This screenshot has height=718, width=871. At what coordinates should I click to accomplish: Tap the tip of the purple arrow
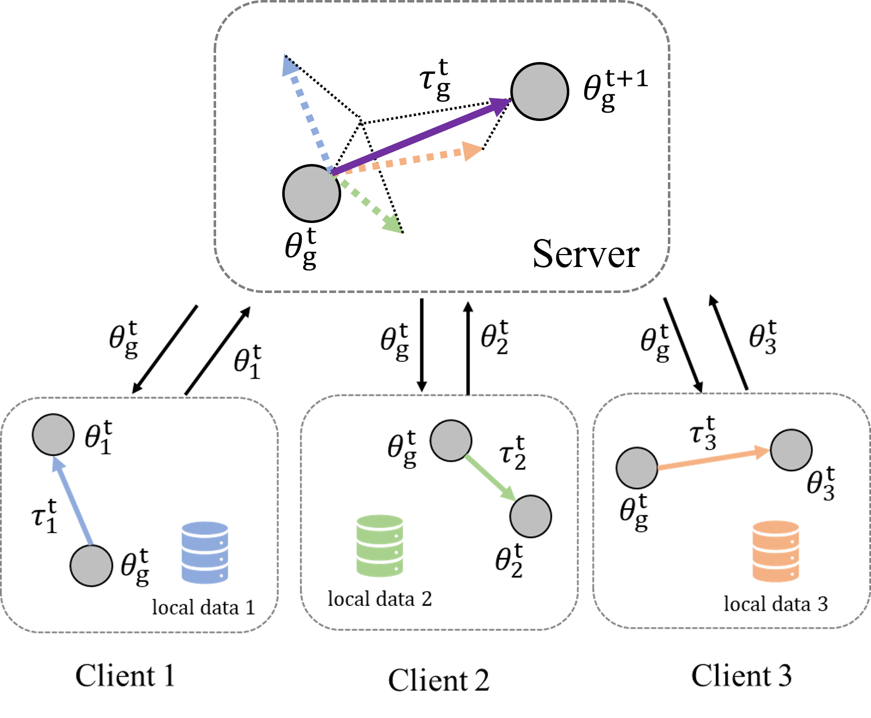click(508, 101)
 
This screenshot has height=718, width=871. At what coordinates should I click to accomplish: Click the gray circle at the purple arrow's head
click(539, 91)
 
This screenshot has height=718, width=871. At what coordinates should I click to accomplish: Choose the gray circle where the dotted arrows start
click(311, 193)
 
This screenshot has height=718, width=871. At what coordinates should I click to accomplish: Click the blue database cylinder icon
click(205, 552)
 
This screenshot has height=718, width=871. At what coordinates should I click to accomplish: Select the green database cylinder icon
click(379, 545)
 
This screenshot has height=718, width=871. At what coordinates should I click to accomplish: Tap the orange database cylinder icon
click(775, 551)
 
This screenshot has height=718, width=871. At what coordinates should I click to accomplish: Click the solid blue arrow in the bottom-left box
click(74, 502)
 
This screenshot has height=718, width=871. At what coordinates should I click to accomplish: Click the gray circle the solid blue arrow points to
click(53, 434)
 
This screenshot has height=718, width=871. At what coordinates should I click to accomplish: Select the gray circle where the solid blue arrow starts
click(91, 565)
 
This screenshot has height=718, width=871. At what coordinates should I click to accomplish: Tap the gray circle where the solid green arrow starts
click(451, 440)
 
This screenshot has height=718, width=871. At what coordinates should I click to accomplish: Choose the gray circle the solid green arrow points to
click(530, 516)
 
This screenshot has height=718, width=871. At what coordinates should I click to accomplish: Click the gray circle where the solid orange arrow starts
click(636, 468)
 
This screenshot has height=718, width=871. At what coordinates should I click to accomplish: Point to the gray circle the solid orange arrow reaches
click(791, 450)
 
